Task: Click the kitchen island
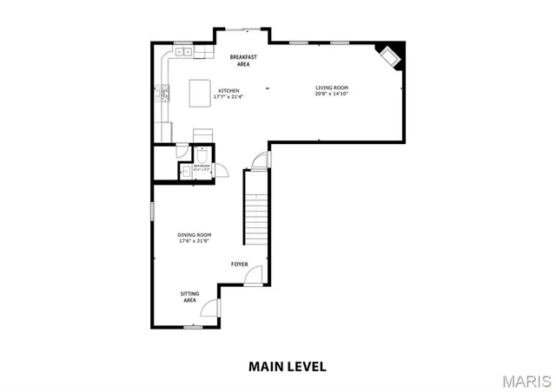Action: (202, 91)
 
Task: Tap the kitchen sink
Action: (183, 52)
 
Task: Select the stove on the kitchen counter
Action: (163, 93)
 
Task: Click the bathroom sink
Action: (184, 171)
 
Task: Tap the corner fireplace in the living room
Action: (388, 56)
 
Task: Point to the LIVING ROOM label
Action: (331, 87)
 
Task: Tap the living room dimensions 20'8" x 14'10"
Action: (331, 94)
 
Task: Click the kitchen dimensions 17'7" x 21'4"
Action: (228, 96)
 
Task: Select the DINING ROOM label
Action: (195, 234)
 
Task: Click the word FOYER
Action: (239, 264)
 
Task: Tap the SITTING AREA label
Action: (189, 297)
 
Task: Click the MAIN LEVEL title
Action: (288, 366)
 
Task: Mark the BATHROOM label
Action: (202, 165)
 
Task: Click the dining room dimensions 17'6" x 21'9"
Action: (195, 241)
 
